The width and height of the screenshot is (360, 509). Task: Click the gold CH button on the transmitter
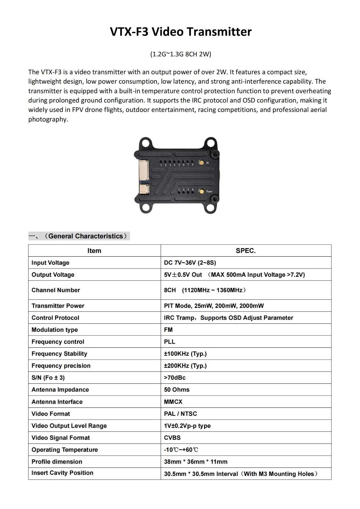(201, 163)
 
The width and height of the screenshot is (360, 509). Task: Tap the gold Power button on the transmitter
(201, 191)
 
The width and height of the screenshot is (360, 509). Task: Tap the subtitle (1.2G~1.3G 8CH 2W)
(180, 54)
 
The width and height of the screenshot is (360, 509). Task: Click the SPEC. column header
(245, 251)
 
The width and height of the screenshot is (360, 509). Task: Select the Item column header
(94, 251)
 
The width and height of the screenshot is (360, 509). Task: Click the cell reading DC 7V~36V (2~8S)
(190, 263)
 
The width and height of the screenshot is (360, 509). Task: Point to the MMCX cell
(173, 402)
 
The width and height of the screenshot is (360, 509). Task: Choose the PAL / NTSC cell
(180, 414)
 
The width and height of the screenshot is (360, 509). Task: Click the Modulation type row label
(55, 330)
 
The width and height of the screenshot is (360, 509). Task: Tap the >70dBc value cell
(175, 378)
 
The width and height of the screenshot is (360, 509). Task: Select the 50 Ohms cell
(177, 390)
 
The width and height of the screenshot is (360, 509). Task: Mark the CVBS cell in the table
(172, 438)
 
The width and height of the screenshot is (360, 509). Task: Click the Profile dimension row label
(57, 462)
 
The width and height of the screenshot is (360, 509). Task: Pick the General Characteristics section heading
(85, 236)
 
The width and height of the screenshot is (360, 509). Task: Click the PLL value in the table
(170, 342)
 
